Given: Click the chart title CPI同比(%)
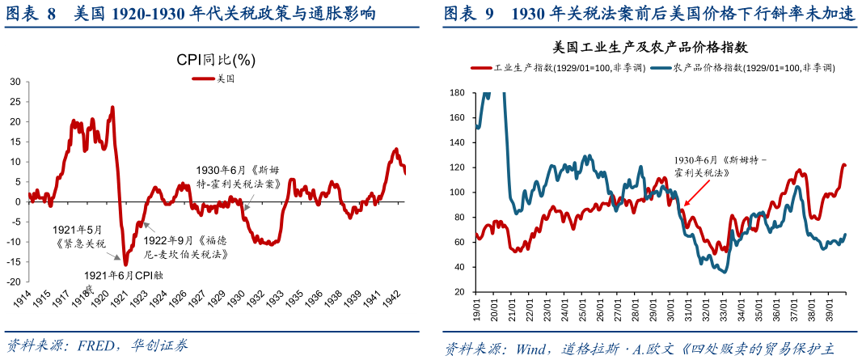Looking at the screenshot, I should point(216,61).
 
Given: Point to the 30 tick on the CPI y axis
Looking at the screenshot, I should point(15,82).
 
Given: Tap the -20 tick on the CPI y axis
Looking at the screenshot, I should point(13,282).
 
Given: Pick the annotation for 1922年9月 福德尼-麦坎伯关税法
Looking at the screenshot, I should point(185,247).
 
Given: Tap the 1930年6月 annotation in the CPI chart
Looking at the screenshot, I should point(238,177).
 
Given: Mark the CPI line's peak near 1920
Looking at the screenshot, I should point(112,107).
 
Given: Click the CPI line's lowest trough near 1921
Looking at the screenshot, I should point(125,264).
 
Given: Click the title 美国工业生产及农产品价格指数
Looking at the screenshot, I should point(649,48).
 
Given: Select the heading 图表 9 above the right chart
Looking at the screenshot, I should point(469,14).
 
